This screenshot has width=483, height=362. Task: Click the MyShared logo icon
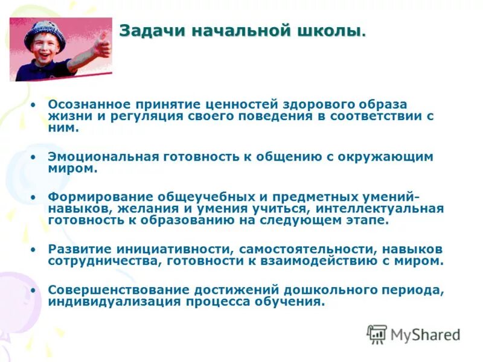pos(377,334)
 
